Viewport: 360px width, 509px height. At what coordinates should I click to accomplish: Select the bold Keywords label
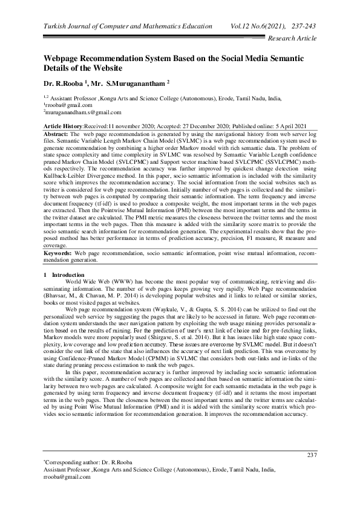tap(58, 251)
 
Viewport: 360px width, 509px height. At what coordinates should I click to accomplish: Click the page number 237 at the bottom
tap(312, 455)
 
